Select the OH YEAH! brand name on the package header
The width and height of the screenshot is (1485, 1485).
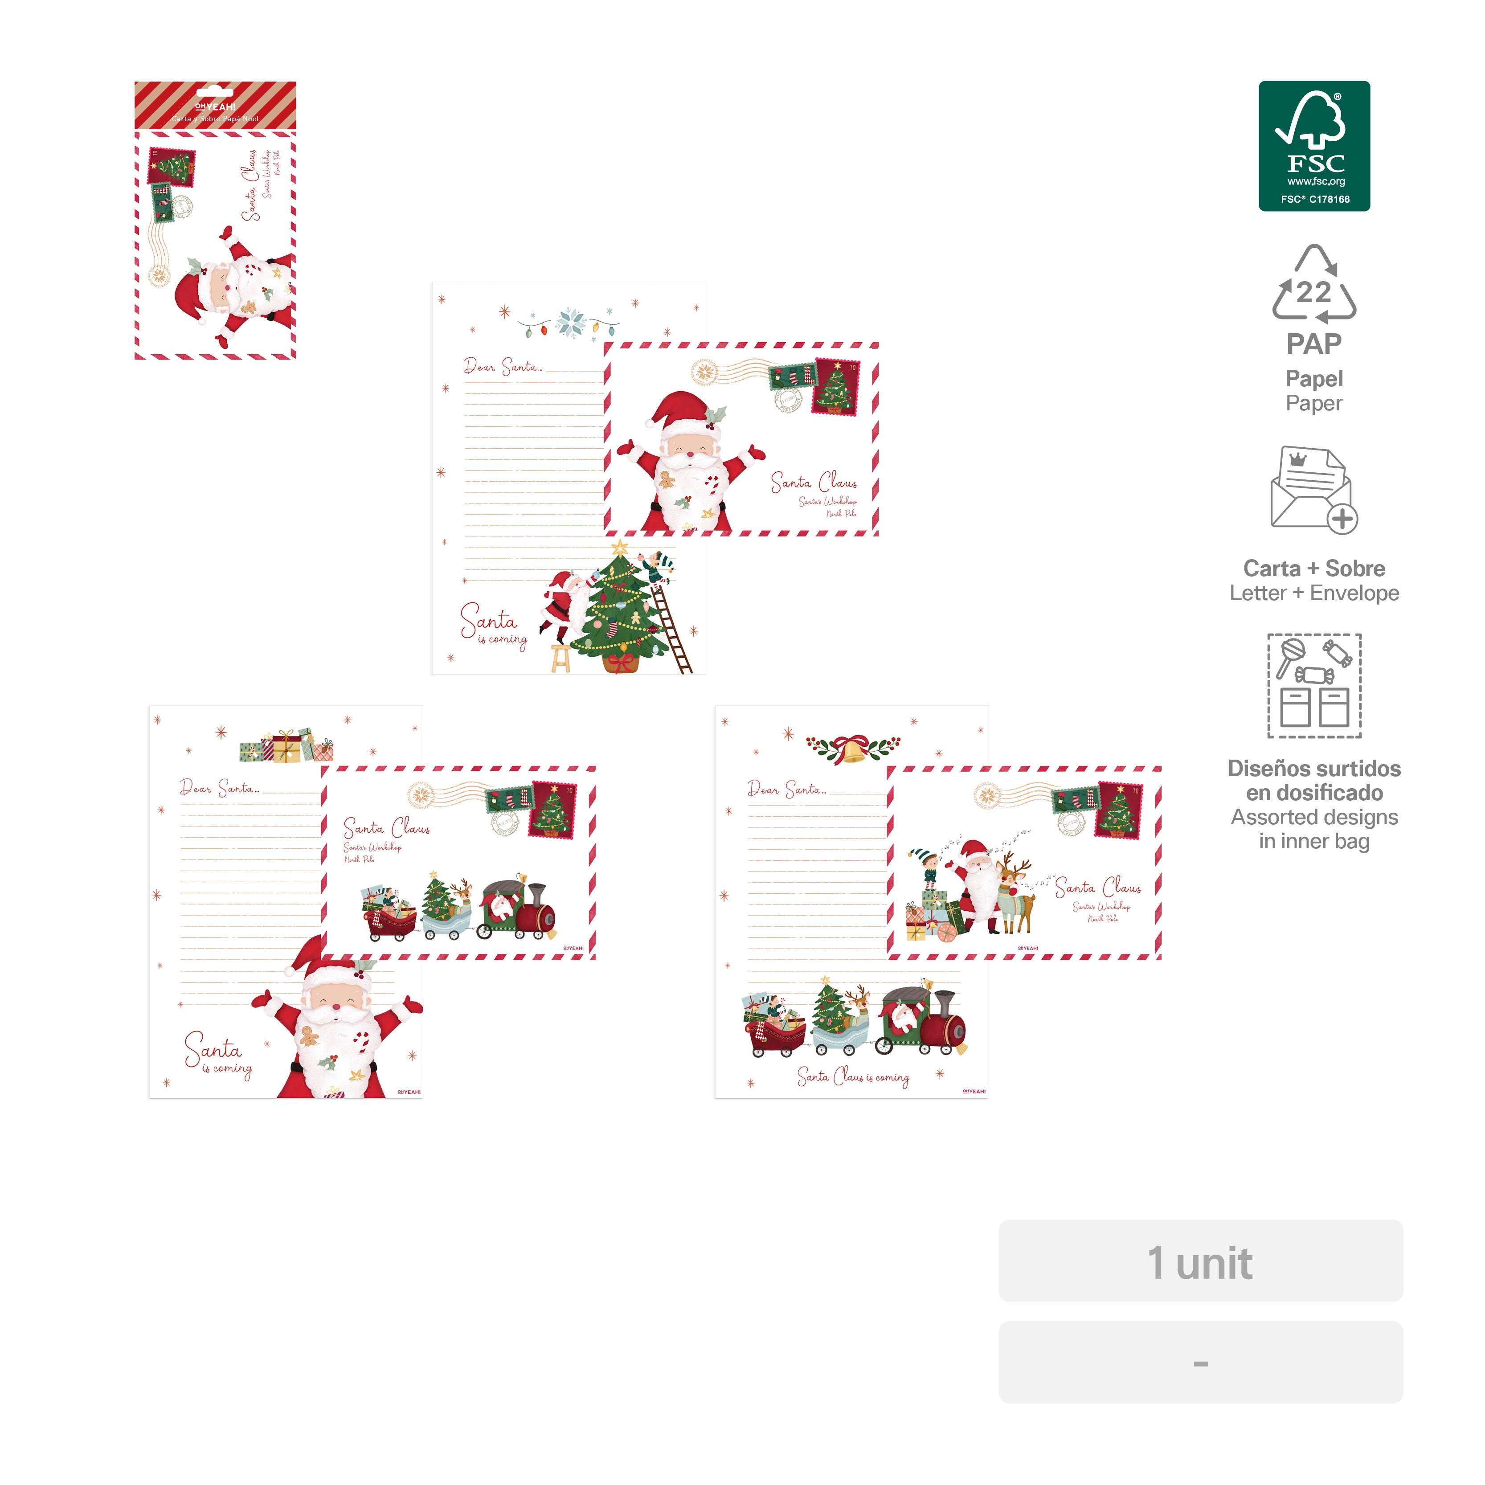point(215,107)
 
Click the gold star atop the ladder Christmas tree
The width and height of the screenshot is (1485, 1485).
point(619,549)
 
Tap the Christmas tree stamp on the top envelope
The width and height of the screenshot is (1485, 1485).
point(836,387)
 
